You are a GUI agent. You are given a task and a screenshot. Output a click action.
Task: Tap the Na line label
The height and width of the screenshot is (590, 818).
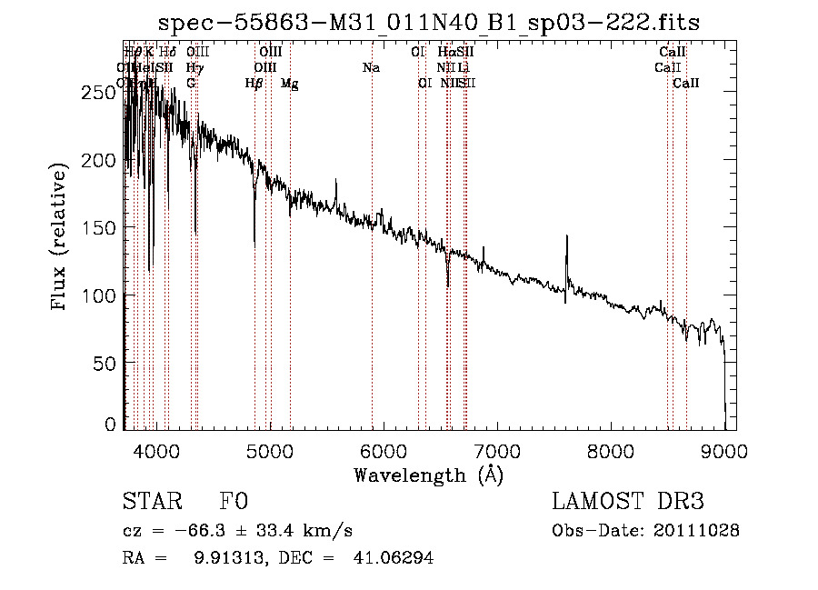[x=371, y=67]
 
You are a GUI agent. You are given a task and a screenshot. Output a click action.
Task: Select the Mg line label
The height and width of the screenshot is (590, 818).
[x=289, y=84]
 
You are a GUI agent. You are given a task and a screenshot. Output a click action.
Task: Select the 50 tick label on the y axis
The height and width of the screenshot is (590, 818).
[x=102, y=364]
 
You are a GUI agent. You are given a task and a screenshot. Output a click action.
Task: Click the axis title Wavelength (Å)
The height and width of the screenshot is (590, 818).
[x=428, y=474]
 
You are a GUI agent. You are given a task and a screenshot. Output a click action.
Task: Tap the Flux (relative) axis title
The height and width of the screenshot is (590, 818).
[x=61, y=238]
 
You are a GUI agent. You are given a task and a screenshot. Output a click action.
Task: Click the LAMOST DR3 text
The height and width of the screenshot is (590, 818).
[x=628, y=503]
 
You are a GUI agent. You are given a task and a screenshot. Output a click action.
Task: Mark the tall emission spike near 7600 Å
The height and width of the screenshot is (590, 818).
[x=567, y=241]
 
